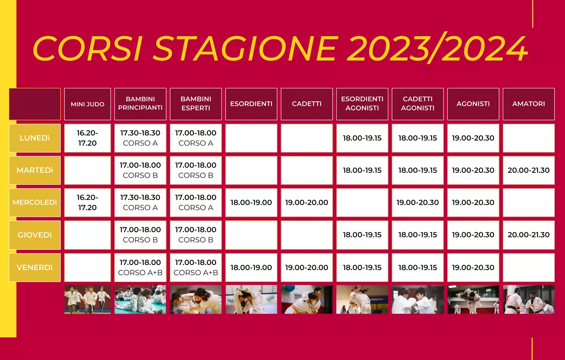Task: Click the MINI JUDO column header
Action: (87, 104)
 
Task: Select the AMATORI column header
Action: (529, 104)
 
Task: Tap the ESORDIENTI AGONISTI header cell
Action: (362, 104)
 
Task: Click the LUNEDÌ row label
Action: (35, 138)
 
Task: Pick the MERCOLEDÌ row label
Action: (35, 202)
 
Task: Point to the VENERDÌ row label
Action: (35, 268)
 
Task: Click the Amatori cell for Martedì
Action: (529, 170)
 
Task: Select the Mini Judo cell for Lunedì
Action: (87, 138)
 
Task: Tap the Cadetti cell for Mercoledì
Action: (307, 202)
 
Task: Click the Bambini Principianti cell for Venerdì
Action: (140, 268)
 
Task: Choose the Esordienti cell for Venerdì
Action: (251, 268)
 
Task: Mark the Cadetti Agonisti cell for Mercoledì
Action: (418, 202)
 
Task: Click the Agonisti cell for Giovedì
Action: (473, 235)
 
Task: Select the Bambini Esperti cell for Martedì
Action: (196, 170)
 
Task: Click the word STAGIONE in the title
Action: (245, 49)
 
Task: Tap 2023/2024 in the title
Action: (438, 48)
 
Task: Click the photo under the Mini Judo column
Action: (87, 299)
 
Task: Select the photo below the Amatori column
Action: (529, 299)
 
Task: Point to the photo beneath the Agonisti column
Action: (473, 299)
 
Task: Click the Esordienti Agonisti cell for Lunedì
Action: (362, 138)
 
